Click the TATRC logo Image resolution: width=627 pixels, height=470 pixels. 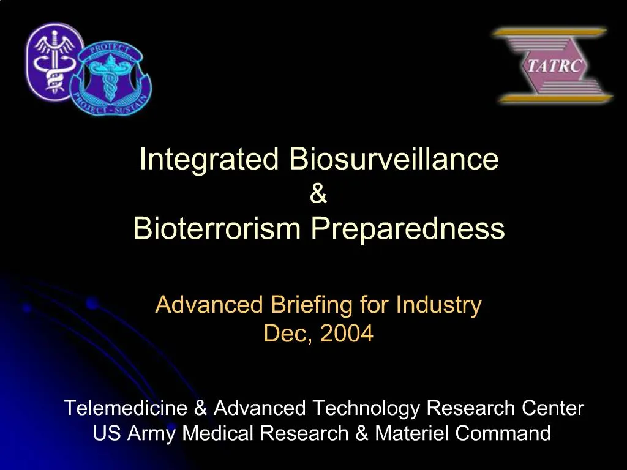tap(554, 65)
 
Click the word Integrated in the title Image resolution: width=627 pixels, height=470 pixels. tap(209, 160)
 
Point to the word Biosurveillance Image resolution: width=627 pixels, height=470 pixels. tap(394, 160)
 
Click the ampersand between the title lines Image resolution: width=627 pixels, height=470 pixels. tap(318, 195)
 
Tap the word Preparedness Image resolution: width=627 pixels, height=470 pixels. tap(407, 229)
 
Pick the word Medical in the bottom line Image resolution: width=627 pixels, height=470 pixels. tap(219, 433)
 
